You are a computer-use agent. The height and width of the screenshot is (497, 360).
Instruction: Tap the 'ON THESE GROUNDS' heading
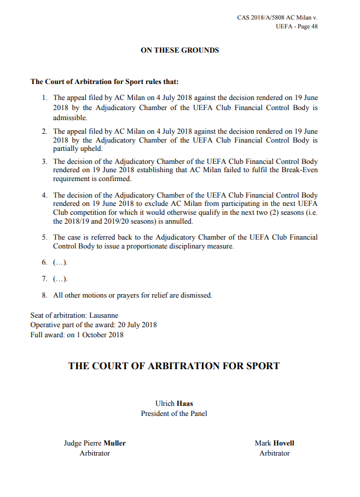pos(179,50)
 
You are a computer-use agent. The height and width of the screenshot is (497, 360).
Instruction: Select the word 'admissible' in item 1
pos(66,118)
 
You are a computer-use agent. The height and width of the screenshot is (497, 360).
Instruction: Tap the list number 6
pos(45,262)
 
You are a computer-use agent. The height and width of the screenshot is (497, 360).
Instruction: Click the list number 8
pos(45,295)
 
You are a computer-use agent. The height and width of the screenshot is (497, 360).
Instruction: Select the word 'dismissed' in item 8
pos(197,295)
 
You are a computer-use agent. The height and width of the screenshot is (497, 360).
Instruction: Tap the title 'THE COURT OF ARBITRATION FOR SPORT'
pos(174,366)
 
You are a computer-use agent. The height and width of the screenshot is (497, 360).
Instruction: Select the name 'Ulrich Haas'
pos(174,404)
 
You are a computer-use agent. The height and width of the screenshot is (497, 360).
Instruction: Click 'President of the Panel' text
pos(174,414)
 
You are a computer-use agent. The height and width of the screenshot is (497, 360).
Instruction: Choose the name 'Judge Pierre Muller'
pos(95,443)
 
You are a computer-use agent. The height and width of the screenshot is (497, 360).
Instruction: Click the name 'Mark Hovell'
pos(274,443)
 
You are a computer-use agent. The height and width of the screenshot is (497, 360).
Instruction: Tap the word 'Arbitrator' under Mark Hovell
pos(274,453)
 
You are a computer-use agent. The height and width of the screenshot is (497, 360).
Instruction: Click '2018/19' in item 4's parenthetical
pos(79,222)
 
